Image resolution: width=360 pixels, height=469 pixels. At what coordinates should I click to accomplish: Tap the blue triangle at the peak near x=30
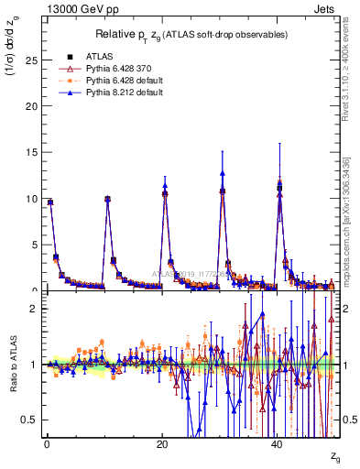pos(223,173)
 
